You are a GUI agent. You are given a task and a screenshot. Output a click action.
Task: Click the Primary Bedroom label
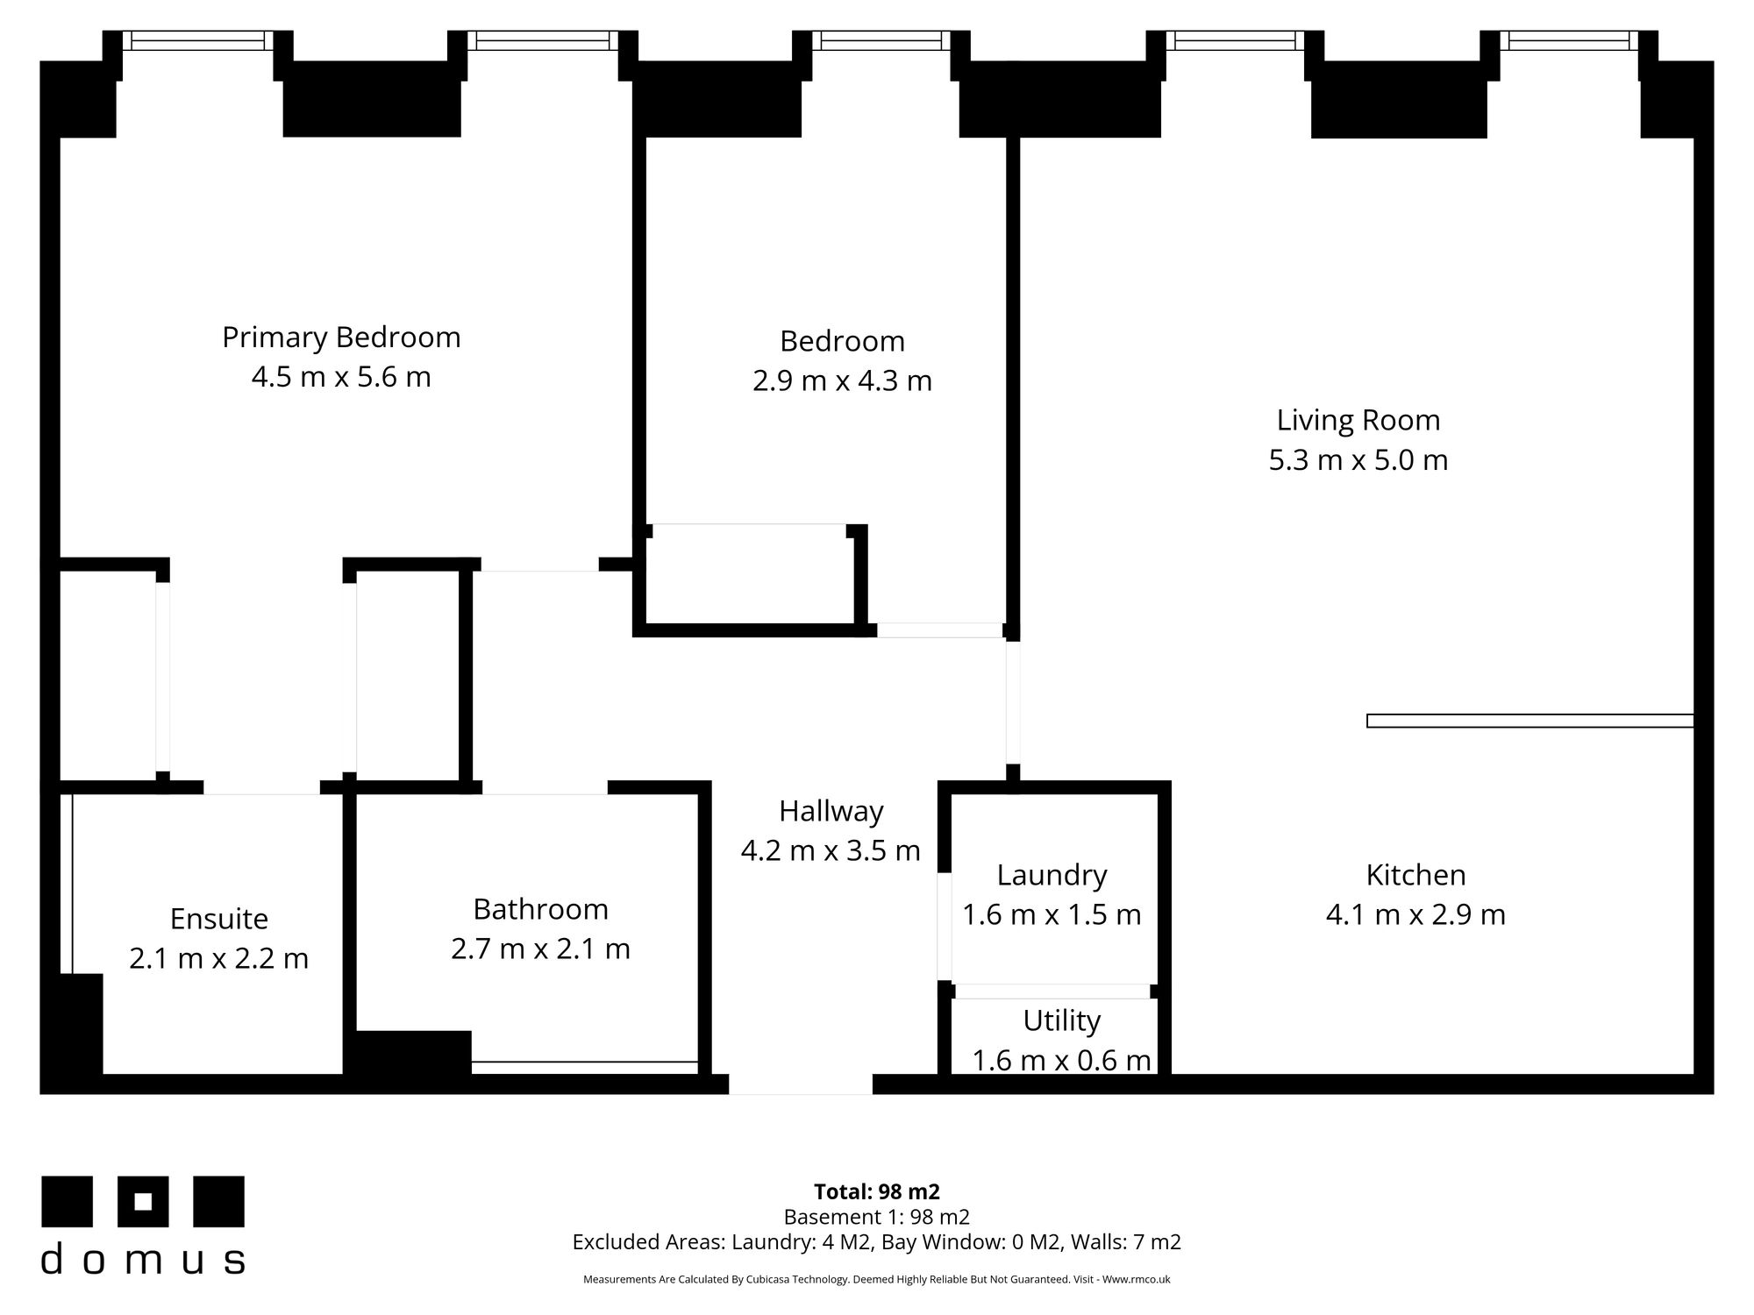341,338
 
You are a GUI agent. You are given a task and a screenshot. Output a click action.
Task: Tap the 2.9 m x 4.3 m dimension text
842,381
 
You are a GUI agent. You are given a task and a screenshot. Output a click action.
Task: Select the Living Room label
1358,421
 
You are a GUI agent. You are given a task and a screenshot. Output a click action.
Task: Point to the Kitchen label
1415,875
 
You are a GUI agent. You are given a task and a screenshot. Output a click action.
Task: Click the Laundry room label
1052,876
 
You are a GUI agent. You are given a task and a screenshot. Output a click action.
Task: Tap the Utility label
1061,1021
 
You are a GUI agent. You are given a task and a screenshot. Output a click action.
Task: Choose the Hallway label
831,812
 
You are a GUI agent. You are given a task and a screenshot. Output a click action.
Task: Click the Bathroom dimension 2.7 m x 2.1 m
540,949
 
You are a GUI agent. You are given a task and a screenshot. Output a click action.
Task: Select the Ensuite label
218,919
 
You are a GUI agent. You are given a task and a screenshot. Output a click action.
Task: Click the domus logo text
143,1260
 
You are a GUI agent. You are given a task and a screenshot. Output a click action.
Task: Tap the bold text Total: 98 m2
877,1192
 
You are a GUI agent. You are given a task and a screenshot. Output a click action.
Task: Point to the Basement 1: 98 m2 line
877,1217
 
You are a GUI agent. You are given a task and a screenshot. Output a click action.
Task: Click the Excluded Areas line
877,1242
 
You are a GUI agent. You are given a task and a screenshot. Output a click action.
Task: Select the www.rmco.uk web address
1136,1280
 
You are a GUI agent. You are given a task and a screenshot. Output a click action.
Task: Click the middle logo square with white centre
144,1202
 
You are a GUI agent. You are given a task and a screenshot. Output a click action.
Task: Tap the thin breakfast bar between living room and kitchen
1530,721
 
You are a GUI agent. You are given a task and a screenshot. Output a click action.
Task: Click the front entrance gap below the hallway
801,1084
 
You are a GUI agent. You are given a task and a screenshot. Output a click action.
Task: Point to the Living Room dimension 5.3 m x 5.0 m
1358,460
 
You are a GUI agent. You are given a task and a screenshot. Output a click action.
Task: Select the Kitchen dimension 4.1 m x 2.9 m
1415,915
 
